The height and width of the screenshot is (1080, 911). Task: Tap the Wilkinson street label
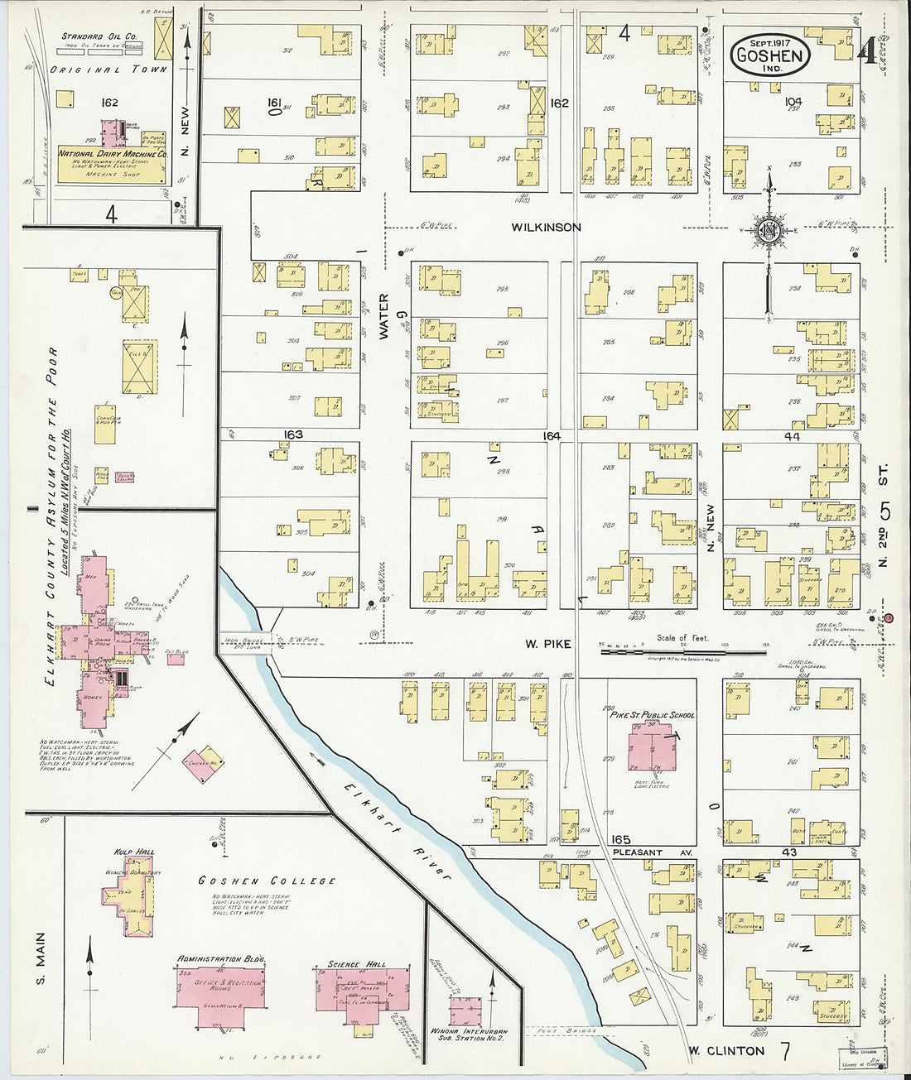(x=546, y=227)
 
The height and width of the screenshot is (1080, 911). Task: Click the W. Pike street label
(x=547, y=644)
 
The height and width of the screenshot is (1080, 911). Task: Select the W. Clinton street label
(x=725, y=1051)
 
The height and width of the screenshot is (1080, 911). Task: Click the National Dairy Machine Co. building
(x=113, y=162)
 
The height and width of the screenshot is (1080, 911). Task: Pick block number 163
(x=292, y=434)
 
